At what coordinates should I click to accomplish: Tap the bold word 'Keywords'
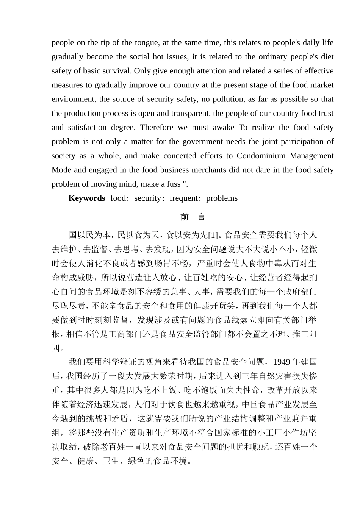point(86,198)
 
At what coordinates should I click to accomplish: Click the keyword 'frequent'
point(184,198)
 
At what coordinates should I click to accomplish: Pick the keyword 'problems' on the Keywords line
point(222,198)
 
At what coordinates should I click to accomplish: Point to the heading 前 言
point(193,217)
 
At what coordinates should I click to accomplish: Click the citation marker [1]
point(213,235)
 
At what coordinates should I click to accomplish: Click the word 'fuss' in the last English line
point(174,184)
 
